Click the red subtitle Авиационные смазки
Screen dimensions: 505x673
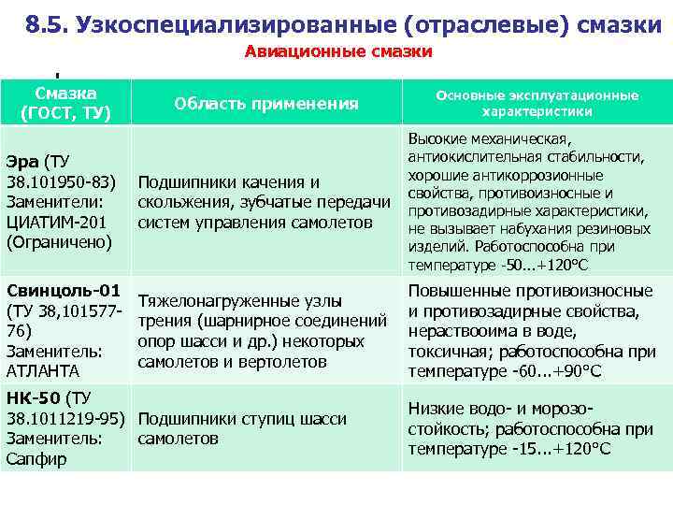(338, 51)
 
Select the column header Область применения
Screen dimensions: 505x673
(267, 103)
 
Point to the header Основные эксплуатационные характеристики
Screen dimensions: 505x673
(536, 103)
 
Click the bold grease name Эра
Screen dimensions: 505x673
(23, 160)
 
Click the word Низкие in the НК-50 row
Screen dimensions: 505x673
(435, 409)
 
